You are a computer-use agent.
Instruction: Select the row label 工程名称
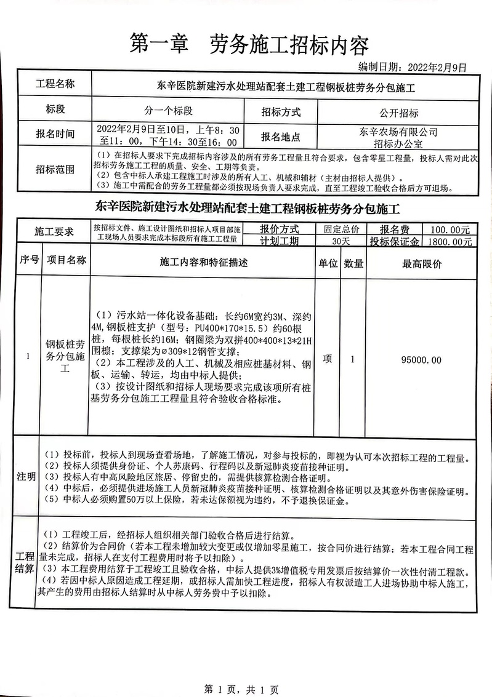point(55,84)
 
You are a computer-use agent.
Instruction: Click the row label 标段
point(55,110)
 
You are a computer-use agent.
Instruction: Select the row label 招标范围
point(55,169)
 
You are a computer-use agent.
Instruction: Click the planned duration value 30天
point(340,242)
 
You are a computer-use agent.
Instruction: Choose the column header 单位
point(328,263)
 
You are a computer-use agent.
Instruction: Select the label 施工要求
point(55,233)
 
